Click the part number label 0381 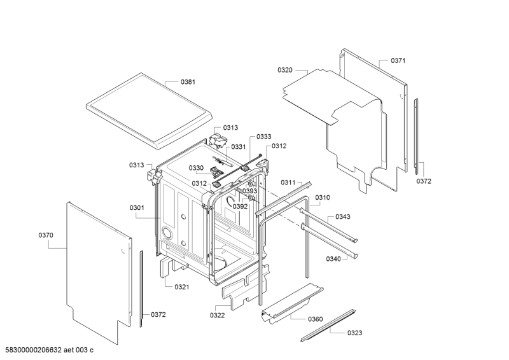[x=188, y=82]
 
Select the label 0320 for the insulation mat [x=285, y=69]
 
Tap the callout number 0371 [x=398, y=60]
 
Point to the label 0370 [x=46, y=235]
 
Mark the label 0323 [x=355, y=333]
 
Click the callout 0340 [x=333, y=259]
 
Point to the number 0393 [x=249, y=191]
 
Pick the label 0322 [x=218, y=314]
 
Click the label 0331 [x=238, y=147]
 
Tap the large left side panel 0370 [x=95, y=267]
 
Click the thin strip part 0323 [x=328, y=324]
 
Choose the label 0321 [x=182, y=287]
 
